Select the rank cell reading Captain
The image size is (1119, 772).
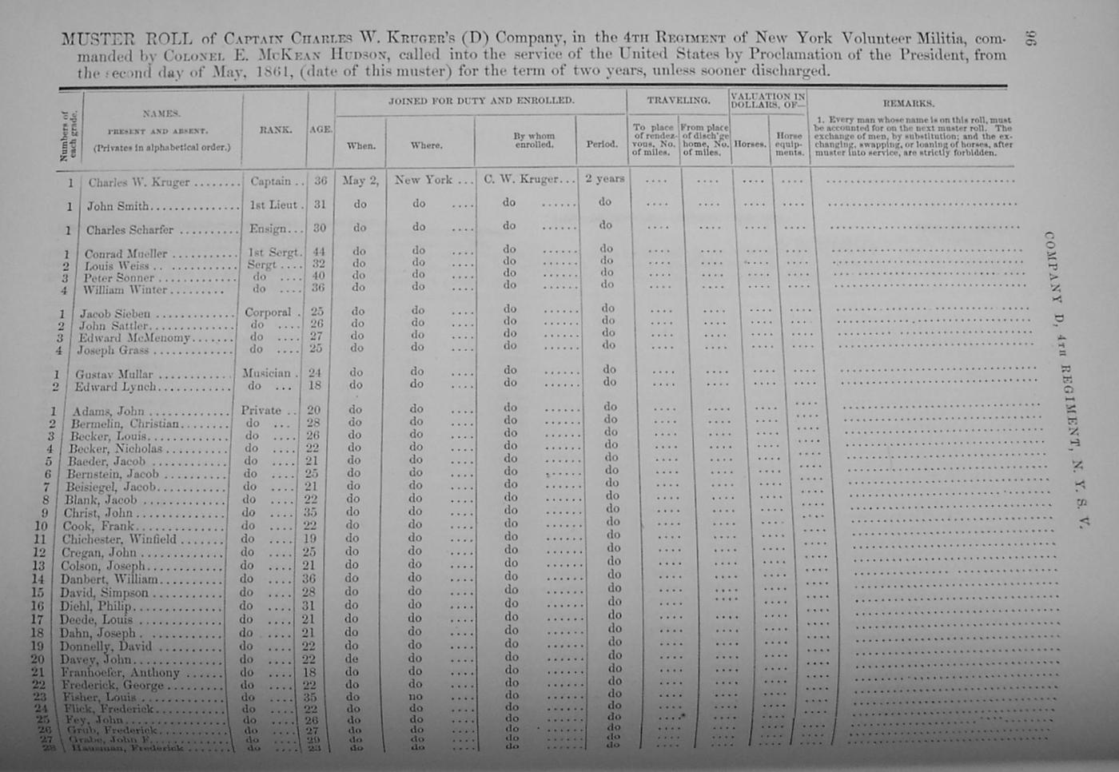pos(269,181)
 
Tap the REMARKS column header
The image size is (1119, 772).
pos(908,104)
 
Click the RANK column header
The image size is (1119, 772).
pos(275,129)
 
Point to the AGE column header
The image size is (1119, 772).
pos(321,129)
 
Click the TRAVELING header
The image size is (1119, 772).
pos(678,101)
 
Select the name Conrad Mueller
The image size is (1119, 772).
pos(125,254)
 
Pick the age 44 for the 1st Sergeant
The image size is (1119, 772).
pos(318,252)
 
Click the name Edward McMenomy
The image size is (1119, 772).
pos(133,338)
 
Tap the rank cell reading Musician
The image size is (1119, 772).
pos(266,373)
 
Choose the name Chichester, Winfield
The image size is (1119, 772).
pos(119,539)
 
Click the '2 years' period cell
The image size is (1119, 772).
pos(604,179)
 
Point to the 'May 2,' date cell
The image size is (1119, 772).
pos(360,181)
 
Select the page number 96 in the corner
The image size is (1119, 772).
pos(1029,39)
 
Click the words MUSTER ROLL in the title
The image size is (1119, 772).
pos(126,38)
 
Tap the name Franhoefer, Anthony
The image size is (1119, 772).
pos(121,673)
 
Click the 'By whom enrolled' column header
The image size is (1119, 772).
pos(533,140)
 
